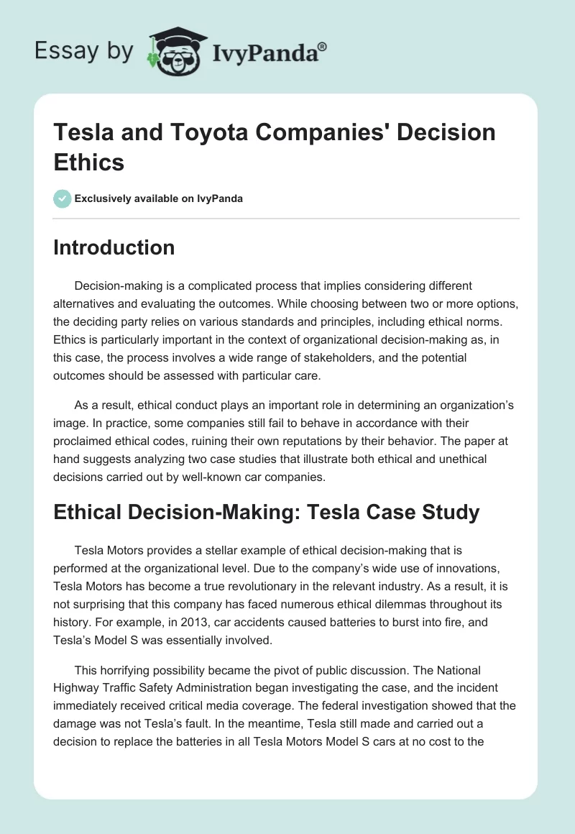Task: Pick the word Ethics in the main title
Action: click(89, 162)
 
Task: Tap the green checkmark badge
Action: click(63, 198)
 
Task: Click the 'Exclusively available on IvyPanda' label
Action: click(158, 198)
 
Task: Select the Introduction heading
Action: click(114, 247)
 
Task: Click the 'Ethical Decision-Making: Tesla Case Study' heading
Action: click(267, 512)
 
